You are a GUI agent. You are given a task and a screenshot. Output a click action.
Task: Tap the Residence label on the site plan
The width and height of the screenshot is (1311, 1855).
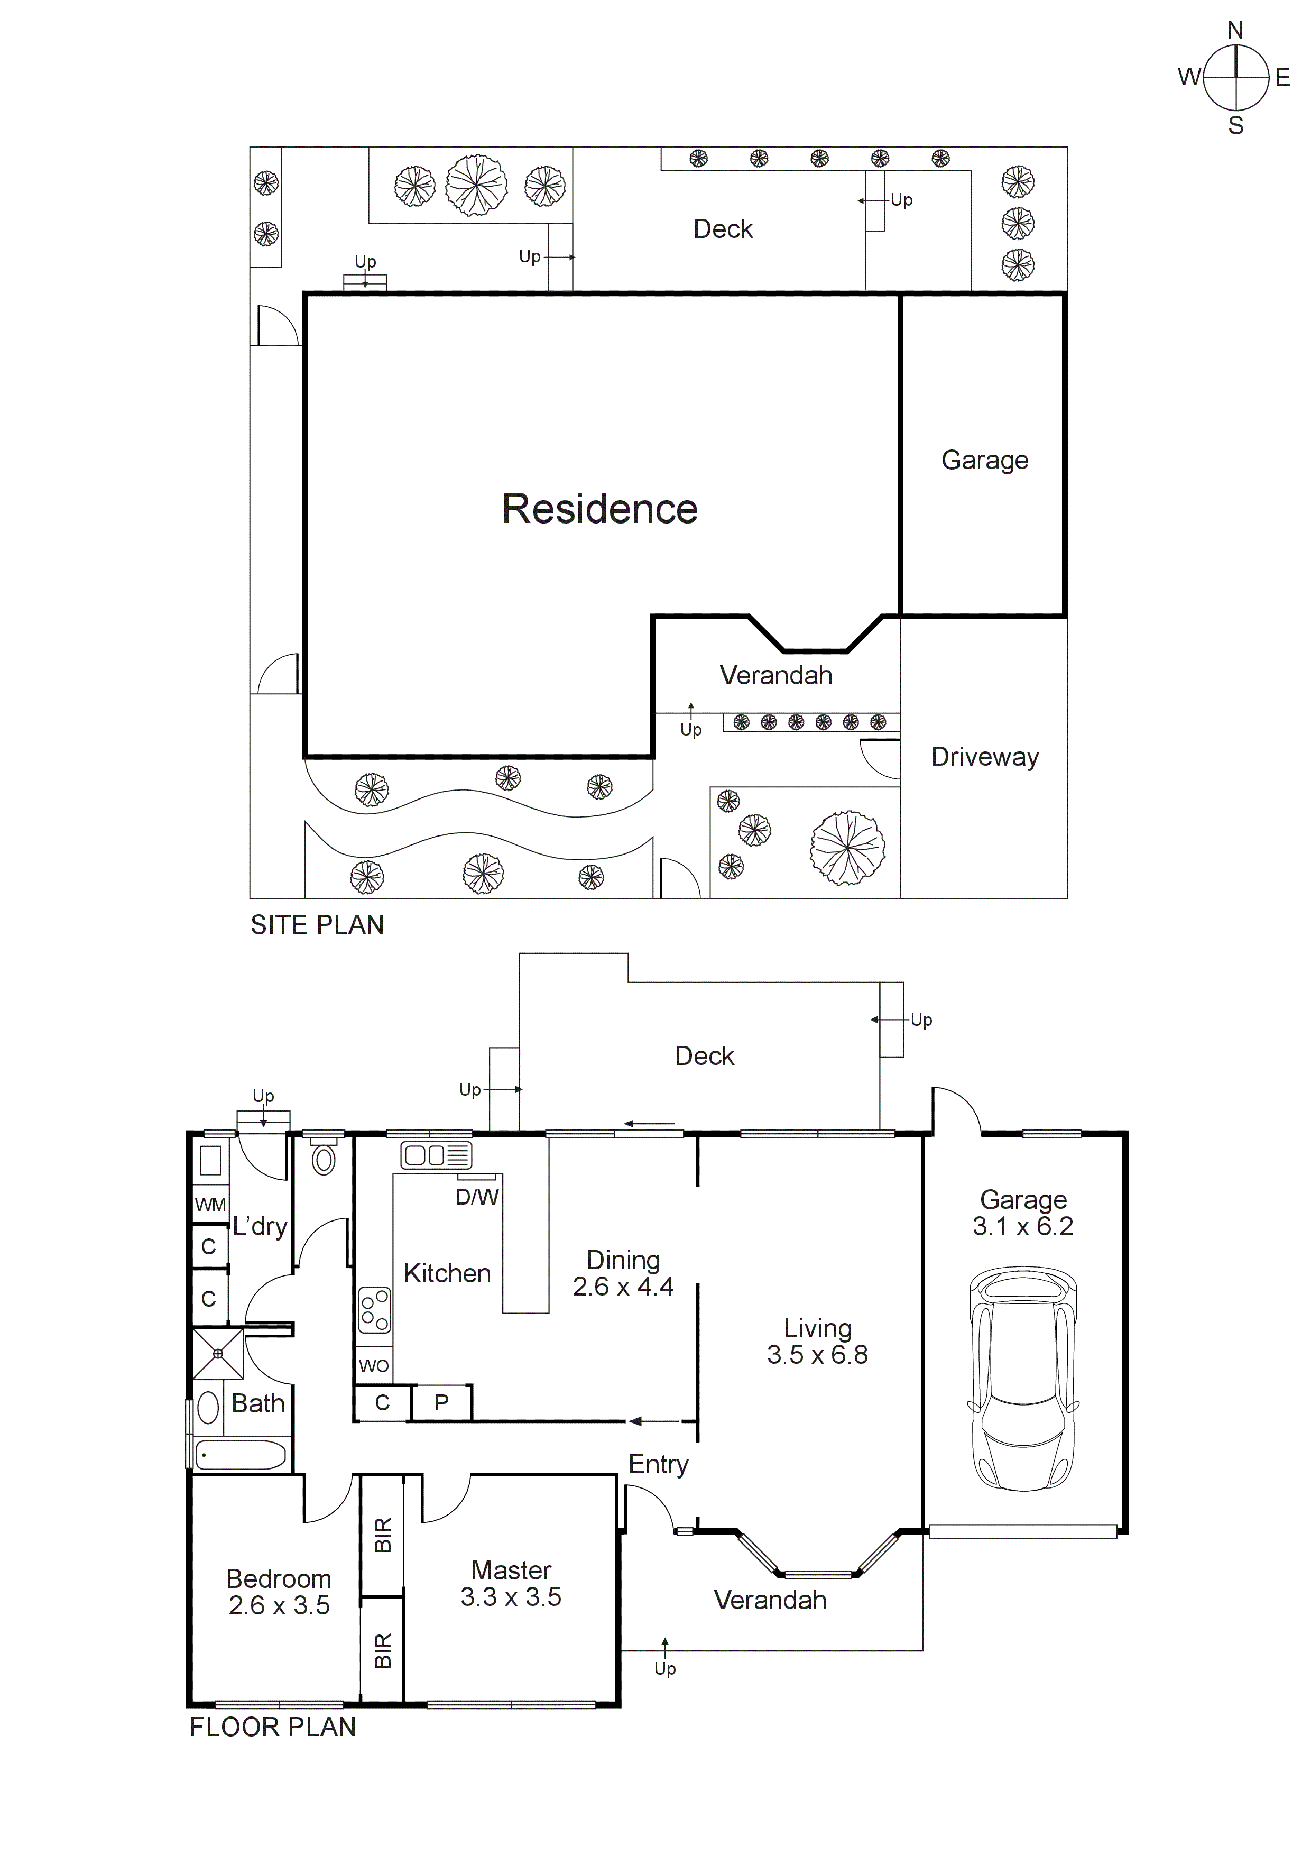click(x=599, y=509)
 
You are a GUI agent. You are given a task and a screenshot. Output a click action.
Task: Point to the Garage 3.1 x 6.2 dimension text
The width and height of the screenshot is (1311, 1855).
click(x=1022, y=1226)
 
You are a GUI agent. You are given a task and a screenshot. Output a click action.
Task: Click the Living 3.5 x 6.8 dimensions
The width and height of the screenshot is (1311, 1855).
click(x=817, y=1355)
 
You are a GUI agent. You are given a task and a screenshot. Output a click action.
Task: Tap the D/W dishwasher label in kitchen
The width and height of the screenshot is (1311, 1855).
click(x=477, y=1197)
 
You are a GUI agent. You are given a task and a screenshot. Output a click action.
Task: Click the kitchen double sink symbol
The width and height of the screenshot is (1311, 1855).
click(x=436, y=1155)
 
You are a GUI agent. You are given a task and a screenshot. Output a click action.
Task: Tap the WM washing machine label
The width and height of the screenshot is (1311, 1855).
click(x=210, y=1205)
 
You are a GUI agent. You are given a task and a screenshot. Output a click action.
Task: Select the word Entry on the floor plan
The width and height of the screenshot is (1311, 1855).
click(x=658, y=1464)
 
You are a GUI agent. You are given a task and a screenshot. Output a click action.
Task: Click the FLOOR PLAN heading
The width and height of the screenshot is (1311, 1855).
click(x=272, y=1727)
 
